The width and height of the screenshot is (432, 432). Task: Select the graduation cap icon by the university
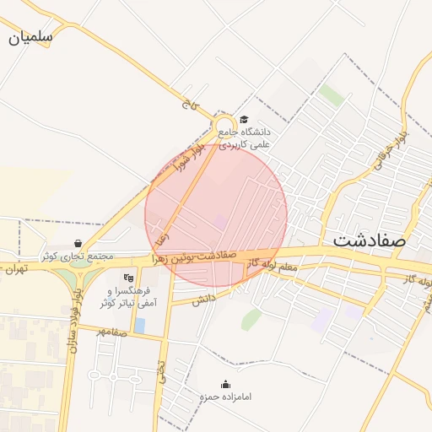[x=245, y=120]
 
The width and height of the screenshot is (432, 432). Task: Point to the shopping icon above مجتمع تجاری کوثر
[x=78, y=243]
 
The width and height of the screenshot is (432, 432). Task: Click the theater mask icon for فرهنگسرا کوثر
[x=128, y=277]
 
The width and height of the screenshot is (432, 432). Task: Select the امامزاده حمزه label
[x=225, y=396]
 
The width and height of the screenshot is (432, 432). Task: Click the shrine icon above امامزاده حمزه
[x=225, y=383]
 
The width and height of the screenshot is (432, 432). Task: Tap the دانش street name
[x=203, y=300]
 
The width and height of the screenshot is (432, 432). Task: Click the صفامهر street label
[x=111, y=332]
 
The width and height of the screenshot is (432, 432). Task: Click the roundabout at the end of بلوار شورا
[x=224, y=123]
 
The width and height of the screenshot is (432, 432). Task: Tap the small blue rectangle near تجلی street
[x=139, y=325]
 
